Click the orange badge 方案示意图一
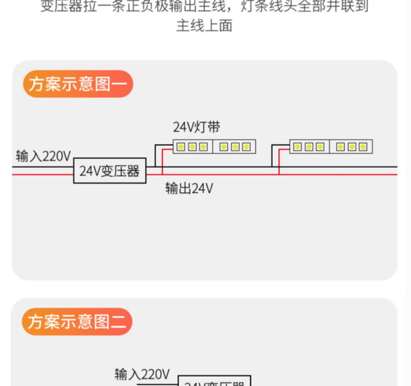point(78,84)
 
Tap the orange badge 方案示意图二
point(77,321)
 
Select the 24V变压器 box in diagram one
point(110,171)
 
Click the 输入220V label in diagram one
point(43,156)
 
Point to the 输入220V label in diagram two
point(142,375)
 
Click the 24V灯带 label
point(197,128)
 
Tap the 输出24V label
point(189,188)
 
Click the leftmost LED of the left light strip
point(180,147)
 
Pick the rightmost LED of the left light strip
point(246,147)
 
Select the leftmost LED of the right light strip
point(297,147)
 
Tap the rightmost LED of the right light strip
point(363,147)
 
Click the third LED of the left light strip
point(203,147)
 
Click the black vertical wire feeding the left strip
point(155,156)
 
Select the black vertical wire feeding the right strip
point(272,156)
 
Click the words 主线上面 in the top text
point(204,26)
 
